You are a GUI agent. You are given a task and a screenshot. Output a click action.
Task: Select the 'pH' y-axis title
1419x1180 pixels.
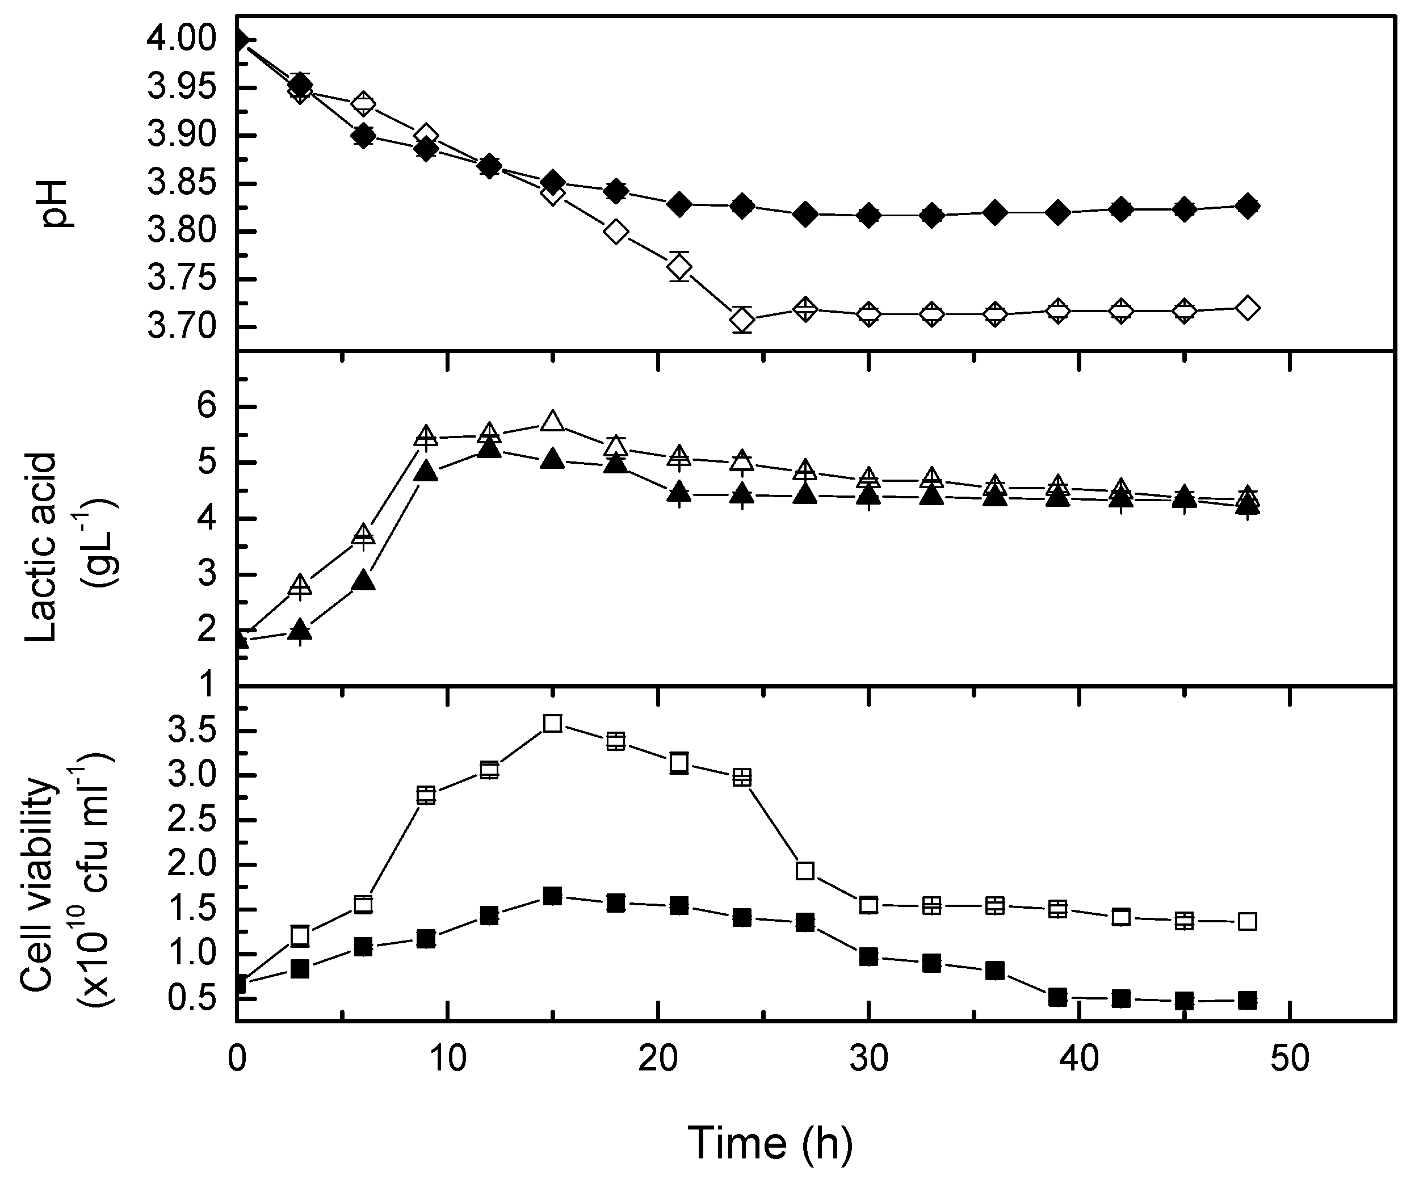[x=58, y=203]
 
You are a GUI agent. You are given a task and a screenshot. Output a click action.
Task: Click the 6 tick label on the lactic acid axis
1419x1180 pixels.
[x=207, y=407]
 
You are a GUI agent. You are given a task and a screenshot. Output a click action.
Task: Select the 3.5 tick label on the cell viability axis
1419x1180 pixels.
[x=196, y=731]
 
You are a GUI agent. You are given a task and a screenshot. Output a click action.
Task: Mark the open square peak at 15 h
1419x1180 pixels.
[x=553, y=724]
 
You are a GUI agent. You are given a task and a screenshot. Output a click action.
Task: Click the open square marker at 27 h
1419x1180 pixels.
[x=805, y=871]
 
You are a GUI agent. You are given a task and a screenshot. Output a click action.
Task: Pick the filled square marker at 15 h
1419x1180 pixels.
[x=553, y=897]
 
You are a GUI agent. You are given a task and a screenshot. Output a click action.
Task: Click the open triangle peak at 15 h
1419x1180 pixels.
[x=553, y=422]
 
